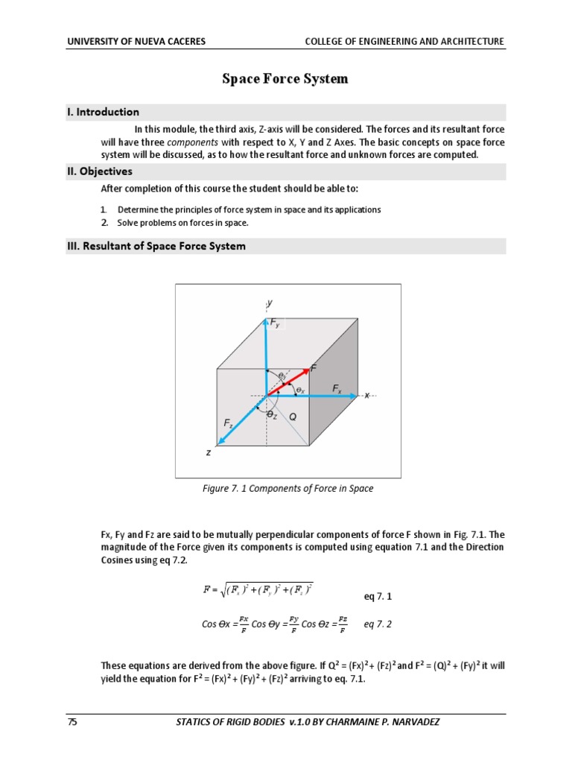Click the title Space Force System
coord(285,79)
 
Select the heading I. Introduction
coord(103,113)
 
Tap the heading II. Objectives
coord(100,171)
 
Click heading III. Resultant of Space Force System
coord(156,246)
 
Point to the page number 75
coord(72,722)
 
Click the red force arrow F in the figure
coord(289,381)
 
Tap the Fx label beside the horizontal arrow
coord(337,389)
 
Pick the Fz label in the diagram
coord(228,422)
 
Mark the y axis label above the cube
coord(269,303)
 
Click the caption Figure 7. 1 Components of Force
coord(287,489)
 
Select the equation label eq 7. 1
coord(377,597)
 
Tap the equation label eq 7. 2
coord(377,624)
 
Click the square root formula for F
coord(258,589)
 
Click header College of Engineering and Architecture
coord(404,42)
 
